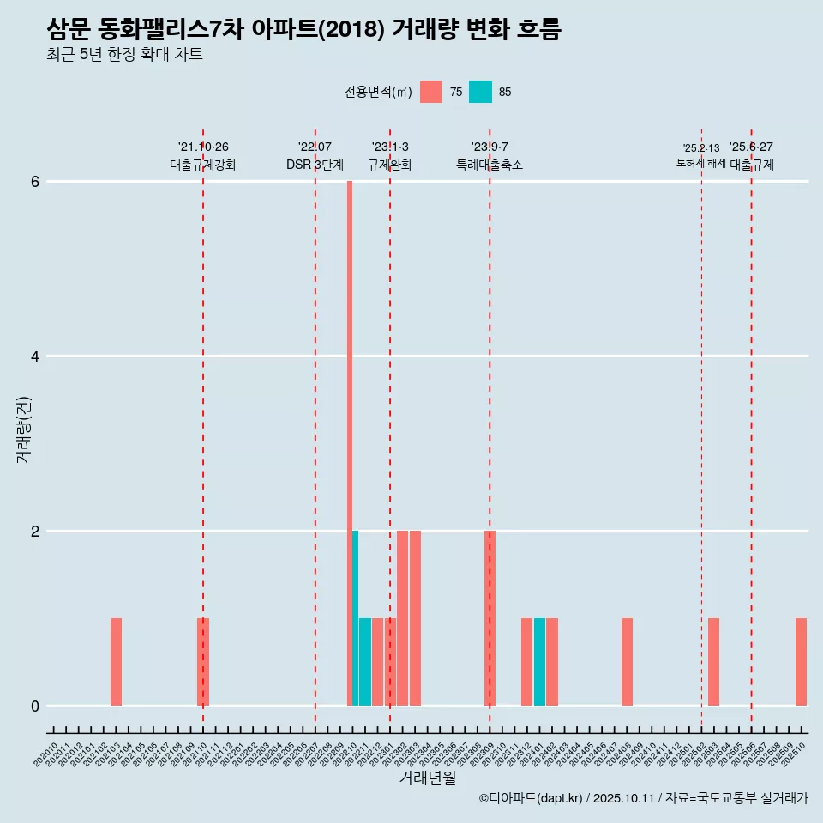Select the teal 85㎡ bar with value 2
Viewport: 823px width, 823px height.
(355, 618)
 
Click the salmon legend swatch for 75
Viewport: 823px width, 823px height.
(431, 92)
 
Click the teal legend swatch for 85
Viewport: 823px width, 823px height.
(481, 92)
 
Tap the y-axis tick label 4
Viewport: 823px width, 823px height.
(35, 357)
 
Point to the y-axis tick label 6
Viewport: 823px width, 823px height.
(35, 182)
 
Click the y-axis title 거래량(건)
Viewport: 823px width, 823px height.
(23, 430)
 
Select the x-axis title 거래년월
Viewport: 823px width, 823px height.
(428, 778)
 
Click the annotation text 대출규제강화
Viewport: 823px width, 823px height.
(203, 165)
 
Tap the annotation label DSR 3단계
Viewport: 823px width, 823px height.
(315, 165)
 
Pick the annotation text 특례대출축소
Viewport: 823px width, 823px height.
(490, 165)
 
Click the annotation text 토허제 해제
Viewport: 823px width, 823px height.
(701, 163)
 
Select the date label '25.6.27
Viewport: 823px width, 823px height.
(751, 147)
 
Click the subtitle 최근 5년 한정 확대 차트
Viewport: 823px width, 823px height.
(124, 55)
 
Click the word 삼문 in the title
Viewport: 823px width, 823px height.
(69, 29)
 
